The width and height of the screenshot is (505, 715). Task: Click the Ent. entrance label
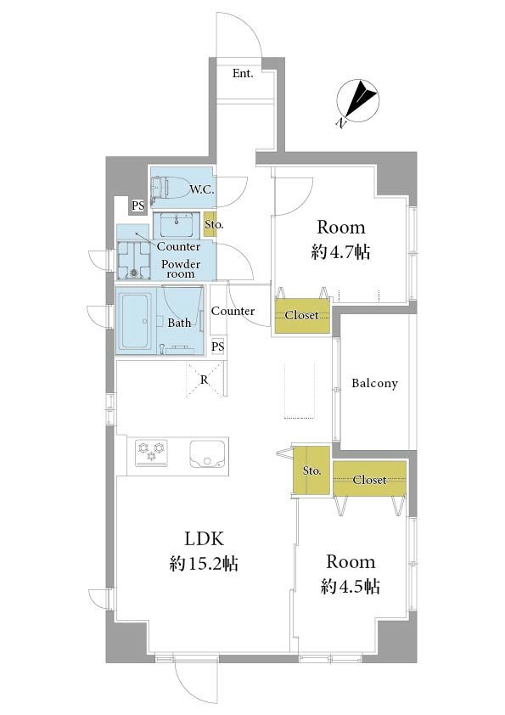pyautogui.click(x=243, y=73)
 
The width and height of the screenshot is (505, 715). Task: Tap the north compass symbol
pyautogui.click(x=358, y=102)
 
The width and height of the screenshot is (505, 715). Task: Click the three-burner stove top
pyautogui.click(x=151, y=453)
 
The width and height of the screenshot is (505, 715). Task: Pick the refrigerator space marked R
pyautogui.click(x=205, y=380)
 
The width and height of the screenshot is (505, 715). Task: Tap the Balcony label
pyautogui.click(x=374, y=384)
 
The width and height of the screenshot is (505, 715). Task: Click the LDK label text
pyautogui.click(x=204, y=539)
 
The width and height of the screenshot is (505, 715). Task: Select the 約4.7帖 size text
pyautogui.click(x=340, y=251)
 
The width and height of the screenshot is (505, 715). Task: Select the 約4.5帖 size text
pyautogui.click(x=350, y=587)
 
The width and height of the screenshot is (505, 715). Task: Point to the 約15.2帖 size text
pyautogui.click(x=204, y=565)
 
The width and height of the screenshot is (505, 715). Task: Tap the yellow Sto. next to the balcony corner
pyautogui.click(x=311, y=470)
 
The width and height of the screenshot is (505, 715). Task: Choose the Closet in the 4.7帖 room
pyautogui.click(x=301, y=316)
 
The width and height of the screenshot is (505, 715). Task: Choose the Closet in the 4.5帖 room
pyautogui.click(x=370, y=479)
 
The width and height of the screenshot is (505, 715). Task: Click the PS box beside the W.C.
pyautogui.click(x=137, y=205)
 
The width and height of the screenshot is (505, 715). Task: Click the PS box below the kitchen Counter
pyautogui.click(x=218, y=347)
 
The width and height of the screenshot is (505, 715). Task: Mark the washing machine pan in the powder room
pyautogui.click(x=134, y=260)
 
